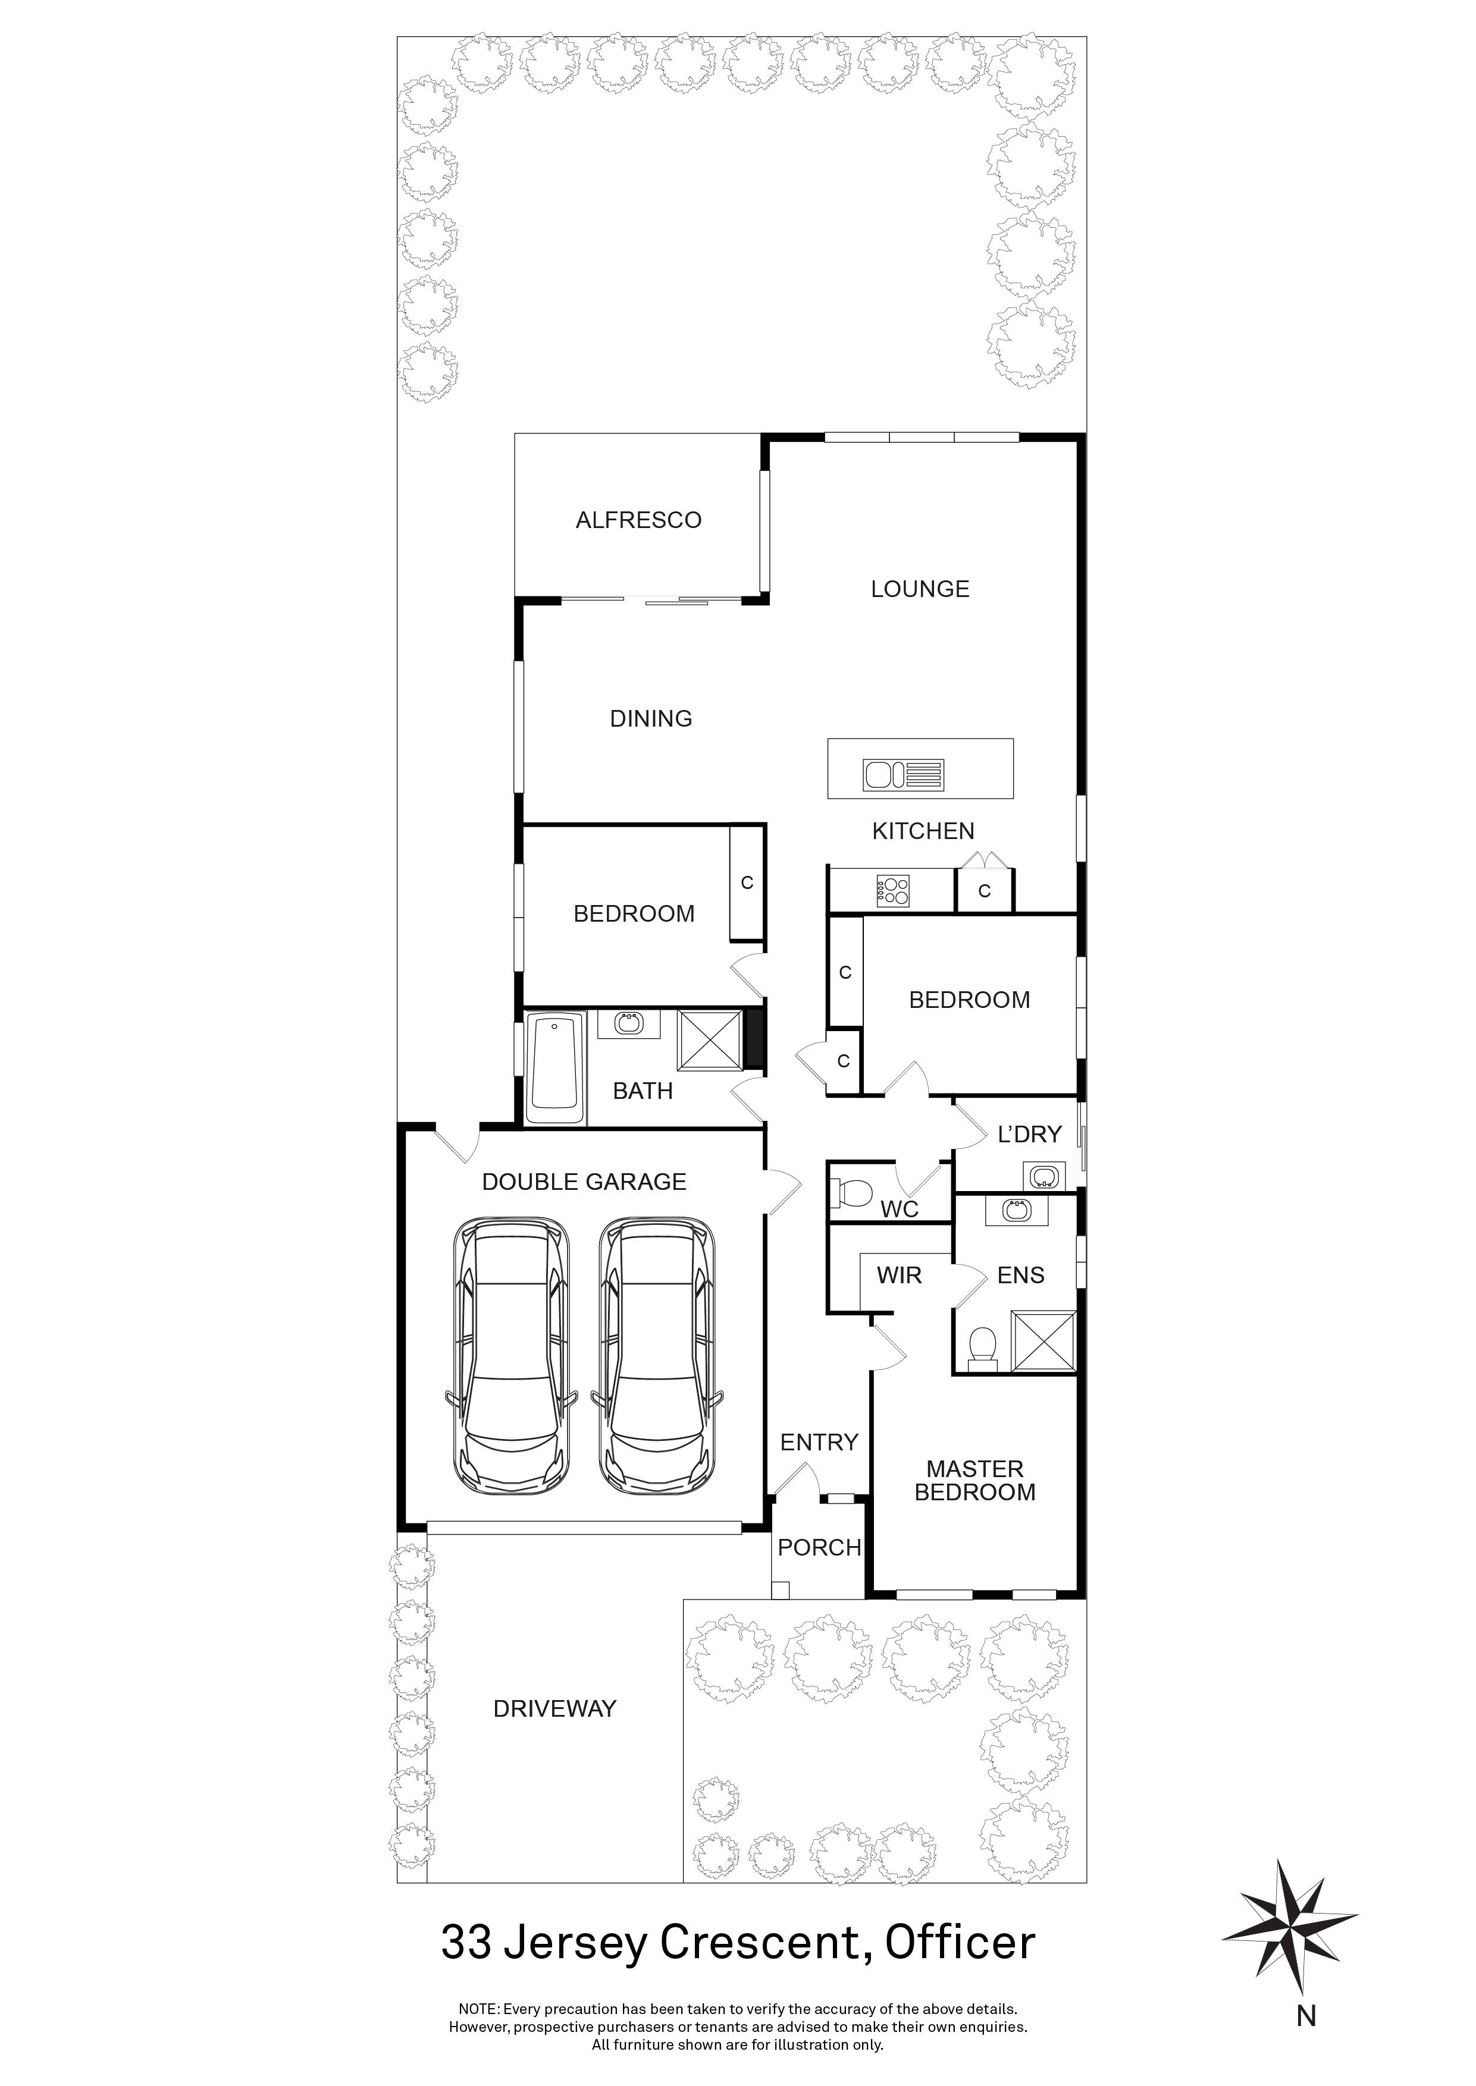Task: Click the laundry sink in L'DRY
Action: click(x=1044, y=1177)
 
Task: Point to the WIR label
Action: click(x=899, y=1276)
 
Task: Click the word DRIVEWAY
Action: click(x=554, y=1709)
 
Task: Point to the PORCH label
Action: click(x=819, y=1547)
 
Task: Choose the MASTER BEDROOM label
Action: click(x=974, y=1480)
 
